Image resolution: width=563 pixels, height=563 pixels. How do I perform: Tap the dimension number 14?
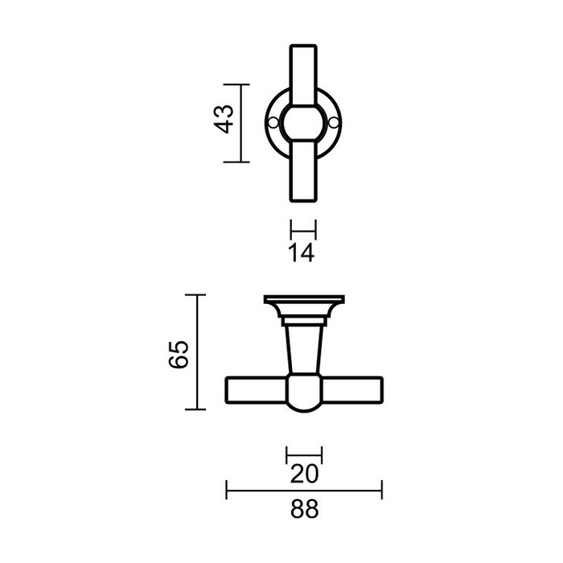(302, 253)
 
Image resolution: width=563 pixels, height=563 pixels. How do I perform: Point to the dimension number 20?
(304, 475)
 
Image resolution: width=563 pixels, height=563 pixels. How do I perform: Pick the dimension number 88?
(304, 509)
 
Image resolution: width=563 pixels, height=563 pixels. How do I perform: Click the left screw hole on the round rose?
(274, 122)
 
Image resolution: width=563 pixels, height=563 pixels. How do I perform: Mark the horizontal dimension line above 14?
(303, 228)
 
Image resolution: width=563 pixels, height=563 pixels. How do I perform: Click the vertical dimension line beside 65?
(197, 352)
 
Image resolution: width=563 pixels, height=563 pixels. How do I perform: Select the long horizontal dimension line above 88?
(304, 489)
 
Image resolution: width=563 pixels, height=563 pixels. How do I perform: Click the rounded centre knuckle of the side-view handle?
(304, 394)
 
